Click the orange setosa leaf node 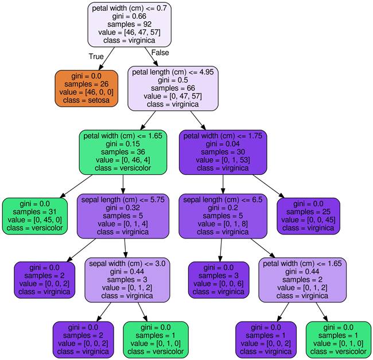[86, 88]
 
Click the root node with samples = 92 [130, 25]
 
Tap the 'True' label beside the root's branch [96, 56]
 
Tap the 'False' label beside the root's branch [160, 53]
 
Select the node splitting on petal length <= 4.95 [173, 88]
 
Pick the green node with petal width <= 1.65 [123, 152]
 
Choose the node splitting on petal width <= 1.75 [223, 152]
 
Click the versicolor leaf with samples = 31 [35, 216]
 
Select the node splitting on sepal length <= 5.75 [123, 216]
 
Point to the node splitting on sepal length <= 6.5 [223, 216]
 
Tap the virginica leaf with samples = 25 [308, 216]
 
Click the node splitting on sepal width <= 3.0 [127, 280]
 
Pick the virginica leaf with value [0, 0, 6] [219, 280]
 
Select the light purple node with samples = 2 [302, 280]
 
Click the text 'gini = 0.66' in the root [130, 16]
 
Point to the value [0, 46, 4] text [123, 160]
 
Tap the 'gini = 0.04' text [223, 144]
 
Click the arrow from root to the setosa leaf [107, 58]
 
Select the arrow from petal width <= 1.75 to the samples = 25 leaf [269, 186]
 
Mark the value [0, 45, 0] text [35, 220]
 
